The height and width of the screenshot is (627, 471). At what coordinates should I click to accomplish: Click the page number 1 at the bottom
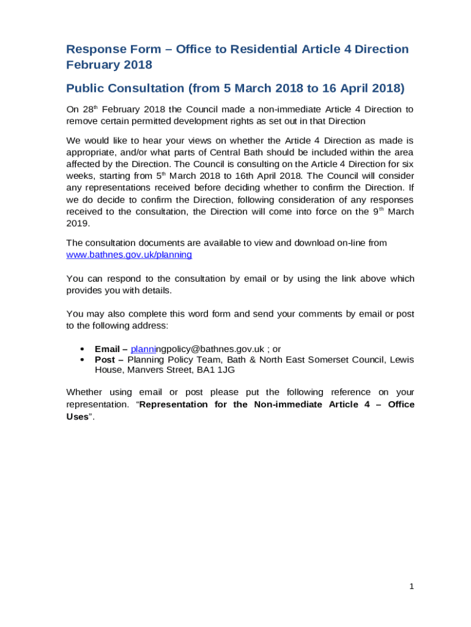(412, 587)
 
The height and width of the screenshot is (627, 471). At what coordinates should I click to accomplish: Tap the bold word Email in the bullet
(107, 348)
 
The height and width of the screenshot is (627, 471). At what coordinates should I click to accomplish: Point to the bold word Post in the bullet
(105, 359)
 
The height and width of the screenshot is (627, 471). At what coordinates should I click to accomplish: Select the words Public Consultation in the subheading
(125, 88)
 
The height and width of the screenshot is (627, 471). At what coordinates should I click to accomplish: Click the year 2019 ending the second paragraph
(77, 223)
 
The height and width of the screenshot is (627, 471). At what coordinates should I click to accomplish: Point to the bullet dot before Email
(81, 348)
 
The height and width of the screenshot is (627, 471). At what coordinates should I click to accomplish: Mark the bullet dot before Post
(81, 359)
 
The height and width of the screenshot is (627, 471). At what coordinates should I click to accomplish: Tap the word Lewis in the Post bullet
(401, 359)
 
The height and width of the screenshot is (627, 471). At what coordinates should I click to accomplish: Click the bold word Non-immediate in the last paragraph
(288, 404)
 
